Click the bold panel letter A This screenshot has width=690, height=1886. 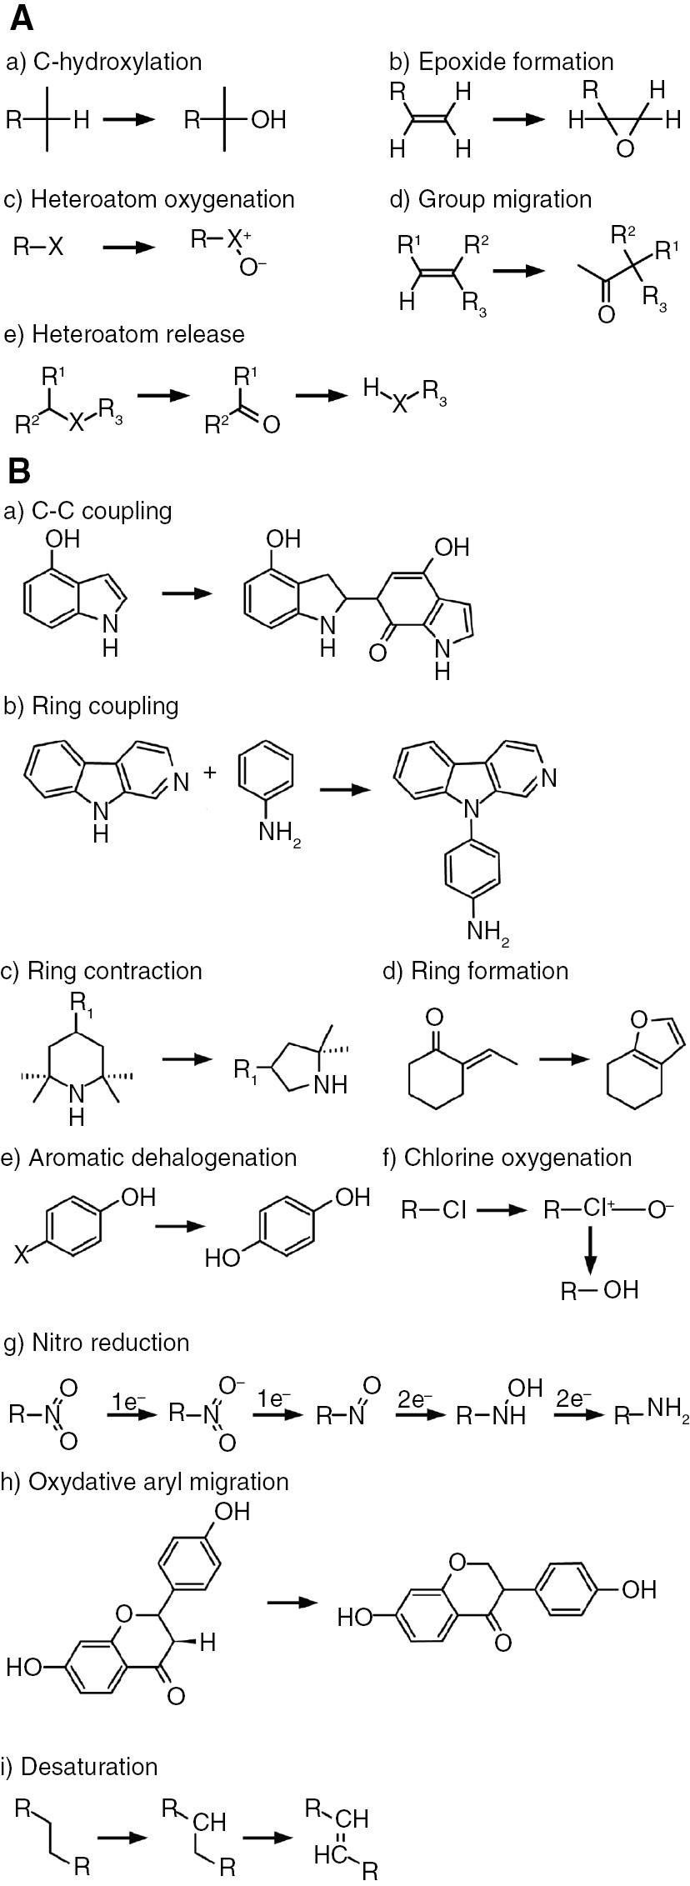[22, 18]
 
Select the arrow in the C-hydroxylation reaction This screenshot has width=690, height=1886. [129, 120]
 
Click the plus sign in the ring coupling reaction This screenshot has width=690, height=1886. [210, 773]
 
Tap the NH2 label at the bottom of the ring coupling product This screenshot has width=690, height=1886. [488, 932]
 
